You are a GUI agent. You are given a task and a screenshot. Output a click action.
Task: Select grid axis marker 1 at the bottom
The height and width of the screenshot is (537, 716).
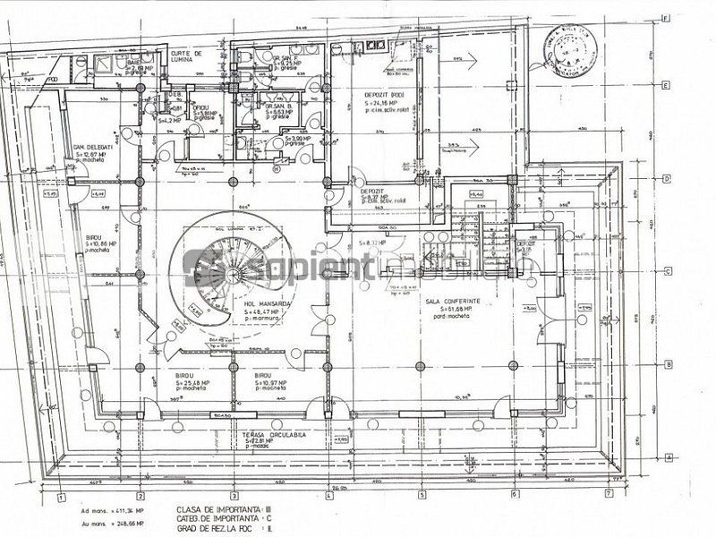[60, 494]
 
